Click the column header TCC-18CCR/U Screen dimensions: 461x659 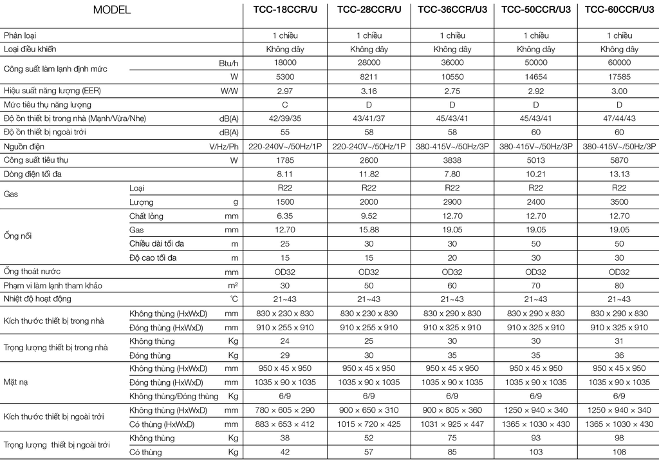(285, 10)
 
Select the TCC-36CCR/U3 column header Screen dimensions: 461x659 (452, 10)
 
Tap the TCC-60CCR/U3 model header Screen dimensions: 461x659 (619, 10)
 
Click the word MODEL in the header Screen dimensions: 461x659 (111, 10)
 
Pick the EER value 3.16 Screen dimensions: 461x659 (369, 91)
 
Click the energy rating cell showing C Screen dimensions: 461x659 (285, 104)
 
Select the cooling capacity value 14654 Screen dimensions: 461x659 (536, 77)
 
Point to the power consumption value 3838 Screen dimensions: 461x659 (452, 160)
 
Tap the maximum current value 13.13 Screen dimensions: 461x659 (619, 174)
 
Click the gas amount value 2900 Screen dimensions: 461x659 (452, 202)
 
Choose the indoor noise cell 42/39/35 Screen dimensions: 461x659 (285, 118)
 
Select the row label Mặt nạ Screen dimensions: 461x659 (17, 382)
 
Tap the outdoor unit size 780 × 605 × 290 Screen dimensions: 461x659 (285, 410)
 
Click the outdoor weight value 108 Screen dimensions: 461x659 (619, 452)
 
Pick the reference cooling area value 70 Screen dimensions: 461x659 (536, 285)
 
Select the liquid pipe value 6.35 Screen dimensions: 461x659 (285, 216)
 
